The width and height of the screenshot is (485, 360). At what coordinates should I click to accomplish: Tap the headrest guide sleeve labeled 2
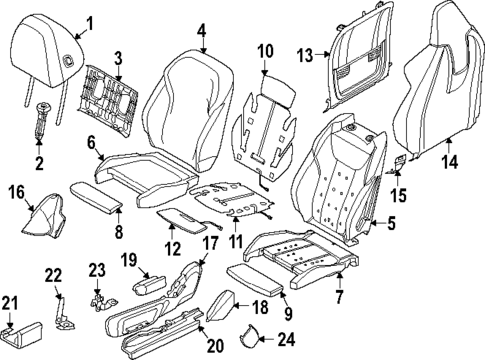(x=43, y=121)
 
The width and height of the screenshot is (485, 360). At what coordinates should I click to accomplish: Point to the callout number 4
(x=201, y=31)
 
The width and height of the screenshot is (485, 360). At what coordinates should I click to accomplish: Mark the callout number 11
(x=237, y=243)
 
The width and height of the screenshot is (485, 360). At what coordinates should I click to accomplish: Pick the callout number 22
(x=56, y=276)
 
